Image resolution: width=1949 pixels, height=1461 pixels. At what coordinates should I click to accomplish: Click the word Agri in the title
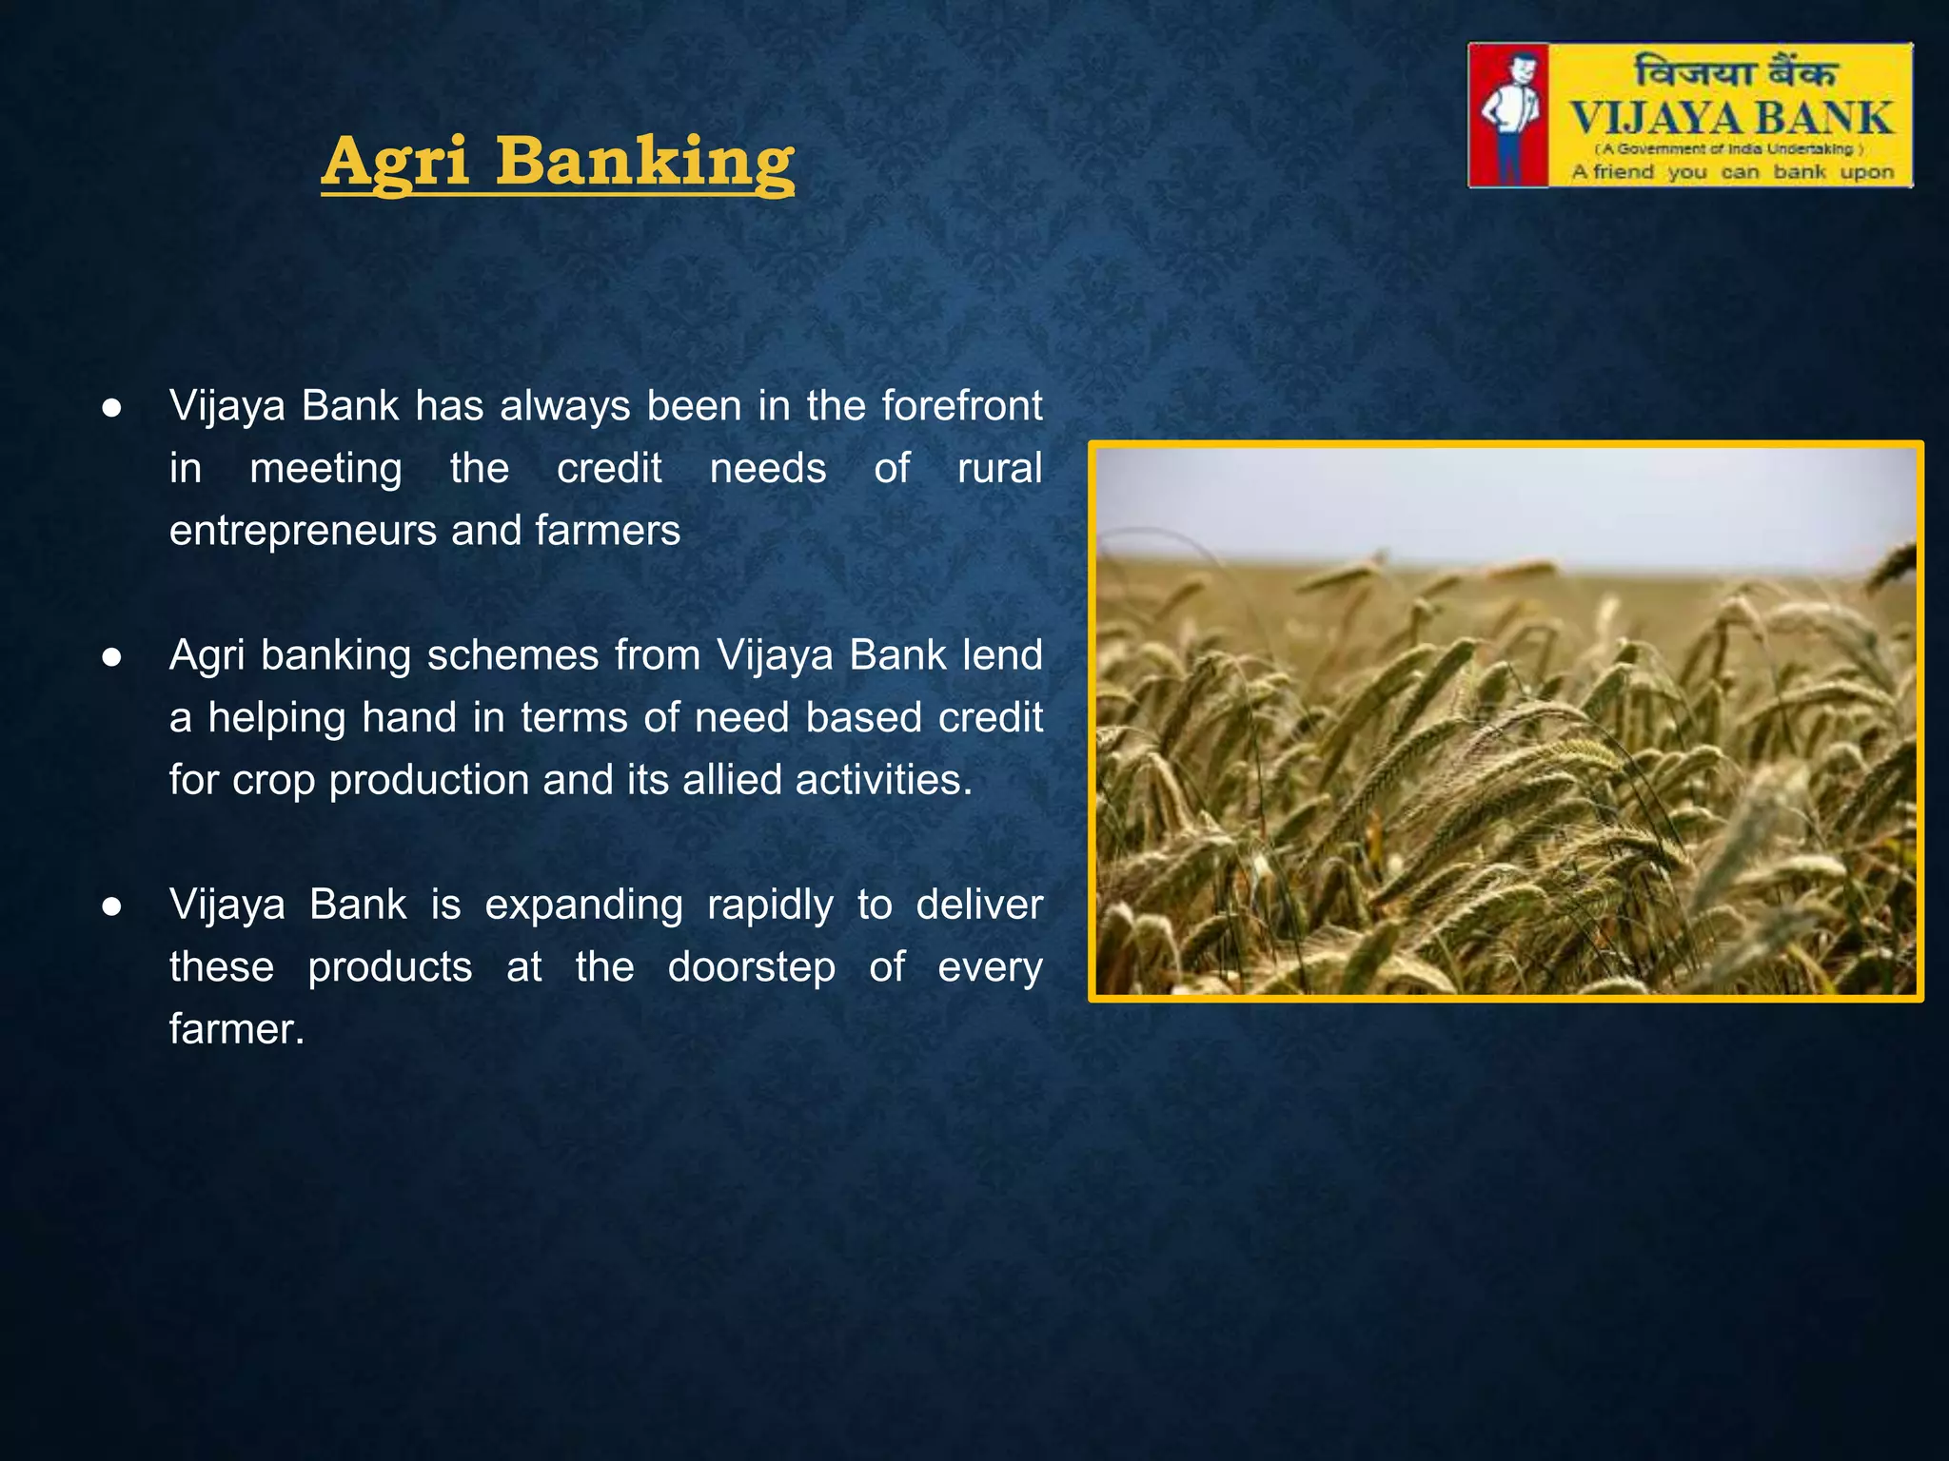pos(396,162)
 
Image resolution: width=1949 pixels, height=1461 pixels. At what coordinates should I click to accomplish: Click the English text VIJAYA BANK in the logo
pos(1731,119)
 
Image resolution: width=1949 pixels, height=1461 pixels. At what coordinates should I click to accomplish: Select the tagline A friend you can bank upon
pos(1732,172)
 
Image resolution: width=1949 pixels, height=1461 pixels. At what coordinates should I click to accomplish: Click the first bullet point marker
pos(112,408)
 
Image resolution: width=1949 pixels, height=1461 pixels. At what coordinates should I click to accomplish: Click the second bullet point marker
pos(112,657)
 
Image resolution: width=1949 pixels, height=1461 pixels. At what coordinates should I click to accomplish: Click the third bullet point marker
pos(112,906)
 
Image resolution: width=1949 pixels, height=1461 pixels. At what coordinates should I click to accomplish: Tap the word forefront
pos(961,406)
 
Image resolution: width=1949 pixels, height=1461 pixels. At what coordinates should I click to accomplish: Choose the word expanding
pos(583,905)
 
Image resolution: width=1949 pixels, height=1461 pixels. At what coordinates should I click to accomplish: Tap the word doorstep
pos(751,967)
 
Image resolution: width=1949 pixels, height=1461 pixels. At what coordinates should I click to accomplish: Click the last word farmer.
pos(236,1029)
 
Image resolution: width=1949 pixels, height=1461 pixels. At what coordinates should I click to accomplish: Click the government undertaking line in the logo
pos(1729,149)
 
